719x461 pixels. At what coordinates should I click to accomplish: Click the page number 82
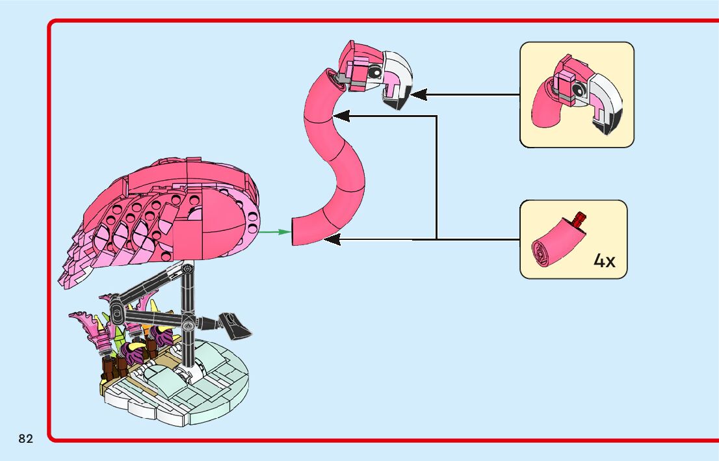click(x=26, y=439)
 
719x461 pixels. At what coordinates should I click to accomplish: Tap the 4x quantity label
click(x=604, y=261)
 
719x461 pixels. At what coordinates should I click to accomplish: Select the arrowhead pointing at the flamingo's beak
click(x=418, y=95)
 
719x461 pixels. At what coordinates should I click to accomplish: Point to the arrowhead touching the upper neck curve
click(x=341, y=116)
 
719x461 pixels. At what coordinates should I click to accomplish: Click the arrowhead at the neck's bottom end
click(x=332, y=240)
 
